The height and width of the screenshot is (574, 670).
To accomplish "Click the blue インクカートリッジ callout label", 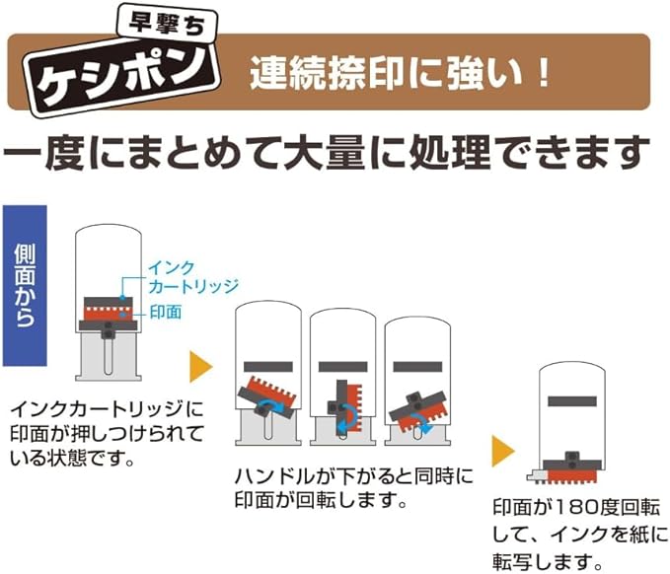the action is pyautogui.click(x=192, y=277).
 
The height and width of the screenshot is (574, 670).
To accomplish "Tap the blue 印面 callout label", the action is pyautogui.click(x=165, y=311).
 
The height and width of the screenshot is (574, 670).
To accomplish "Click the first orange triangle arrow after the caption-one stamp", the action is pyautogui.click(x=200, y=368).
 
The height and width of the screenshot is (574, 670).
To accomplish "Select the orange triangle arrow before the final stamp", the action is pyautogui.click(x=504, y=453).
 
